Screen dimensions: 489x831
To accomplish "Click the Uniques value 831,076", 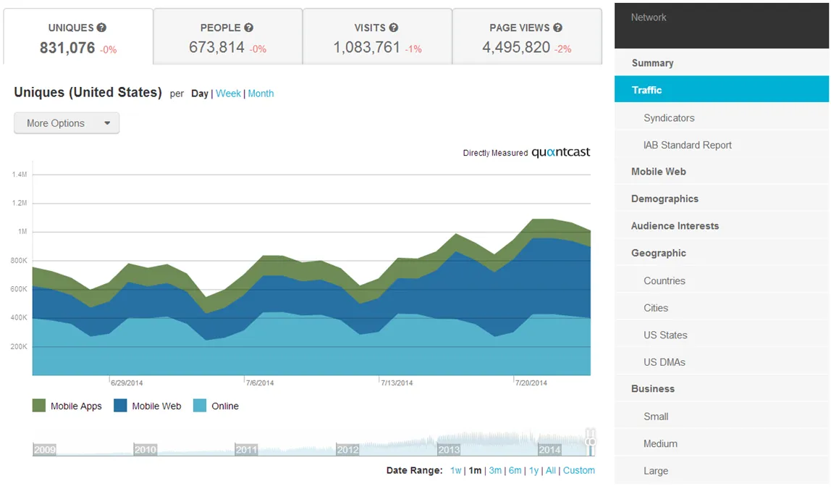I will [x=67, y=48].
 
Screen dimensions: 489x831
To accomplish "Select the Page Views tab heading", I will [x=519, y=28].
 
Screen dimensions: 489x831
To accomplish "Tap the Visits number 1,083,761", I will [x=366, y=48].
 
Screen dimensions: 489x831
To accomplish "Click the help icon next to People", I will [x=249, y=28].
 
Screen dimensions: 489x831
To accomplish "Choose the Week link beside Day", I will [x=228, y=93].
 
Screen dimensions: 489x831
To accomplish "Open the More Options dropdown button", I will [x=67, y=123].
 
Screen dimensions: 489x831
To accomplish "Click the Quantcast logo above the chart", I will [x=561, y=152].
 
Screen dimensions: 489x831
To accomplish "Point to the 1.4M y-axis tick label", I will [x=20, y=175].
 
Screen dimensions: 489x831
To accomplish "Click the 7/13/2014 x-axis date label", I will [x=397, y=383].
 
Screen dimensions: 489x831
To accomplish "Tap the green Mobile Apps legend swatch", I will [x=39, y=406].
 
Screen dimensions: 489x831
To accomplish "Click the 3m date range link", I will [x=495, y=470].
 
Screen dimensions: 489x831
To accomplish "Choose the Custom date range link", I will [x=579, y=470].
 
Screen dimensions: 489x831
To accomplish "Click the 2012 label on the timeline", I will [x=347, y=450].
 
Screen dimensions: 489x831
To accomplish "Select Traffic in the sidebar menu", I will [x=646, y=90].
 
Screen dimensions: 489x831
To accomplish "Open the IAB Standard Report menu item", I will [x=687, y=145].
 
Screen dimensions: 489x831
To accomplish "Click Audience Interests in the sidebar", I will [x=675, y=226].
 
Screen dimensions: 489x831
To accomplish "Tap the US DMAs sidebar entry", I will [x=664, y=362].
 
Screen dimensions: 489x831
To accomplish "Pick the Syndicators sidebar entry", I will [x=668, y=118].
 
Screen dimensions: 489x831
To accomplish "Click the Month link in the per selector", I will [x=261, y=93].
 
